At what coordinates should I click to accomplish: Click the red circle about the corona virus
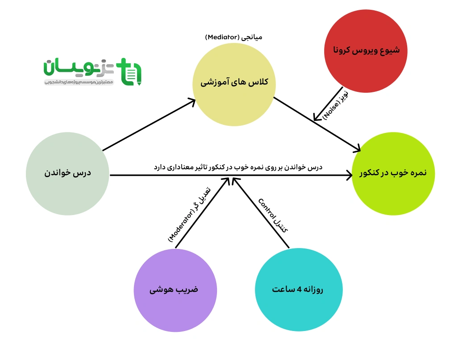coord(366,51)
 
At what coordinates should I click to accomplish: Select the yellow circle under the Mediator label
coord(234,84)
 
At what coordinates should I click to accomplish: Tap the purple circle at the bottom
coord(175,290)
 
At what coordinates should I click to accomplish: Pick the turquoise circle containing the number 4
coord(299,290)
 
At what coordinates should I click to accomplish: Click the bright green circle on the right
coord(393,174)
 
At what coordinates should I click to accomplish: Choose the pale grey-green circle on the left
coord(67,174)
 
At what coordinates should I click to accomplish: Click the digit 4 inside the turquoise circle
coord(299,289)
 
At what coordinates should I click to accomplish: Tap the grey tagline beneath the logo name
coord(79,82)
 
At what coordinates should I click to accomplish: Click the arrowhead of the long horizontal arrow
coord(349,175)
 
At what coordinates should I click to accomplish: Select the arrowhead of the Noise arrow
coord(316,118)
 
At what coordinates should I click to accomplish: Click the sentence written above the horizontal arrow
coord(238,167)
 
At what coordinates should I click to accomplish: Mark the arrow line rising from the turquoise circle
coord(260,213)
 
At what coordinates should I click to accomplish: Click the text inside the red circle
coord(367,50)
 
